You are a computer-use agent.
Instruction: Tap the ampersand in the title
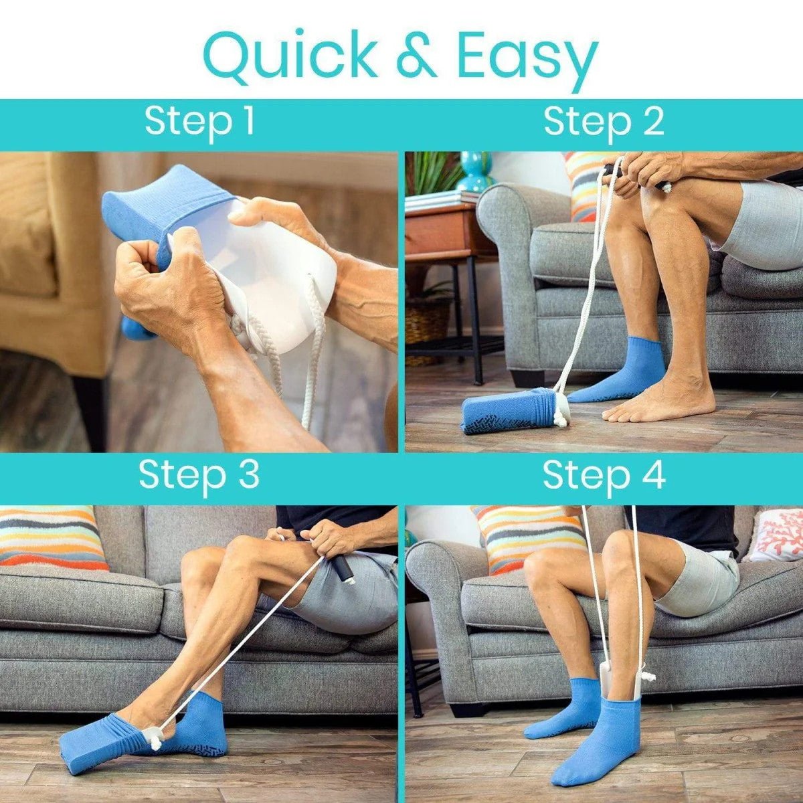pos(416,56)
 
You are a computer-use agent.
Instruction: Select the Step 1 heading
pos(199,121)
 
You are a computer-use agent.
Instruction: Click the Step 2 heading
pos(604,122)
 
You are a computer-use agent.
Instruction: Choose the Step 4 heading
pos(604,476)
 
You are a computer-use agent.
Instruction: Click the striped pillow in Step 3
pos(51,539)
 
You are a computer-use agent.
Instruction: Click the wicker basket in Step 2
pos(428,329)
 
